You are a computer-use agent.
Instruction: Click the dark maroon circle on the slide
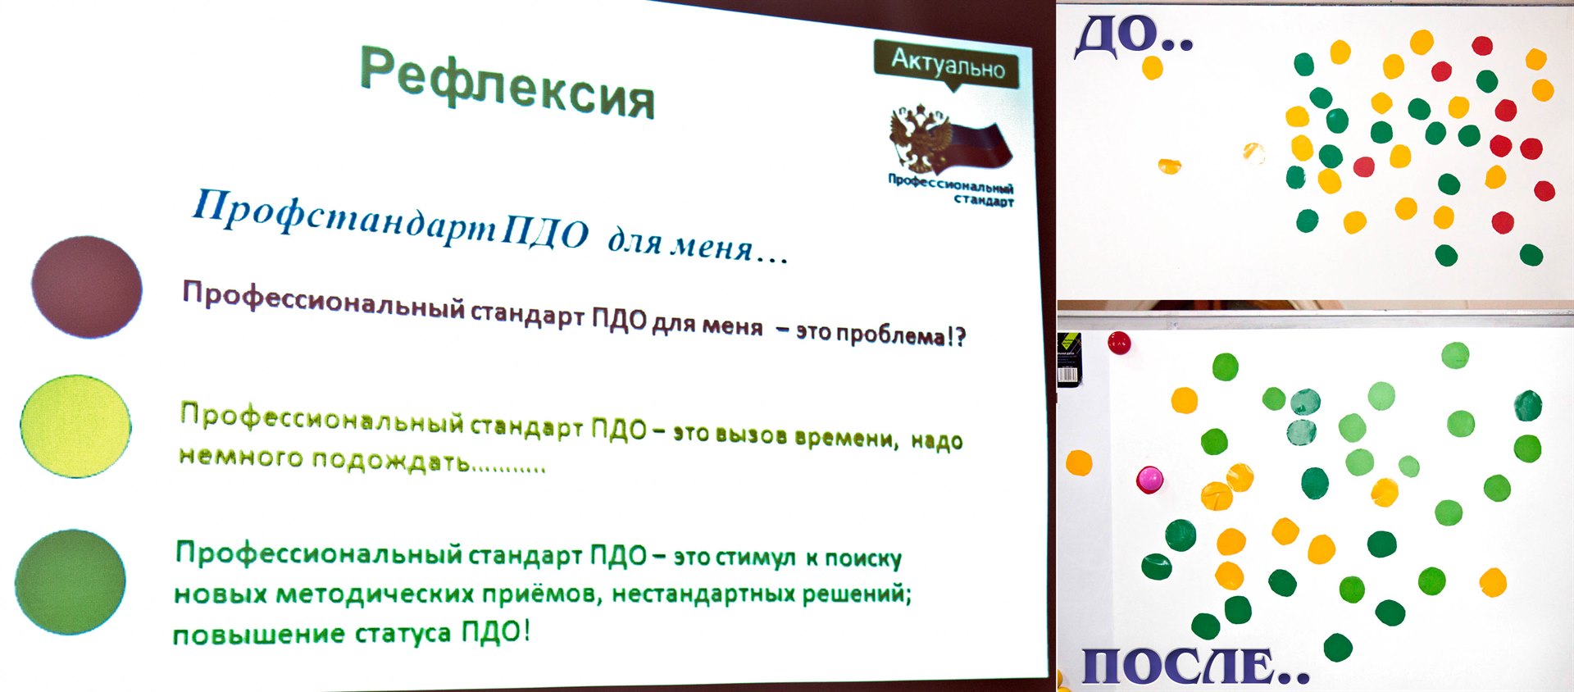(x=87, y=286)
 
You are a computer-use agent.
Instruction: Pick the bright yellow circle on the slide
(x=75, y=426)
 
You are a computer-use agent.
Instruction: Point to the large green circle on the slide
(x=71, y=581)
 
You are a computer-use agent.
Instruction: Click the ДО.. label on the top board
(x=1134, y=37)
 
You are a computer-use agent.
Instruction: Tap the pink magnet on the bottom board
(x=1149, y=479)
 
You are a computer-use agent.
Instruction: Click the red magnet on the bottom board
(x=1119, y=342)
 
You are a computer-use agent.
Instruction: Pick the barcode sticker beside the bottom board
(x=1069, y=359)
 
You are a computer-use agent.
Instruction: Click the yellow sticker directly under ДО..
(x=1153, y=67)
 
